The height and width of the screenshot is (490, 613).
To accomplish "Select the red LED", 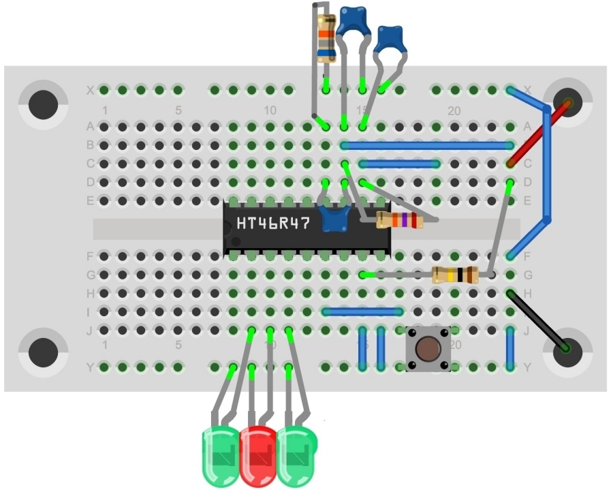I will click(258, 455).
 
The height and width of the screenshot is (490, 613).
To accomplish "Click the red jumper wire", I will click(538, 134).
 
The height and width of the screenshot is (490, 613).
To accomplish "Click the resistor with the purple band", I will click(400, 220).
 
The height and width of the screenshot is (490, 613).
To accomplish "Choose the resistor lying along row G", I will click(455, 275).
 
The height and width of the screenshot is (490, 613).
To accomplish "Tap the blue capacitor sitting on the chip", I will click(334, 219).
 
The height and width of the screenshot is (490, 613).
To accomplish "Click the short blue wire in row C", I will click(400, 164).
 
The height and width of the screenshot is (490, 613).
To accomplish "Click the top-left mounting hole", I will click(43, 104).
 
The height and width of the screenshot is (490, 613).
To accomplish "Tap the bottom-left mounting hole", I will click(43, 352).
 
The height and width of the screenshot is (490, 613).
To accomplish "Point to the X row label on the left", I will click(90, 90).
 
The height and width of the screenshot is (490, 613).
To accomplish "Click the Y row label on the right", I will click(527, 368).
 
